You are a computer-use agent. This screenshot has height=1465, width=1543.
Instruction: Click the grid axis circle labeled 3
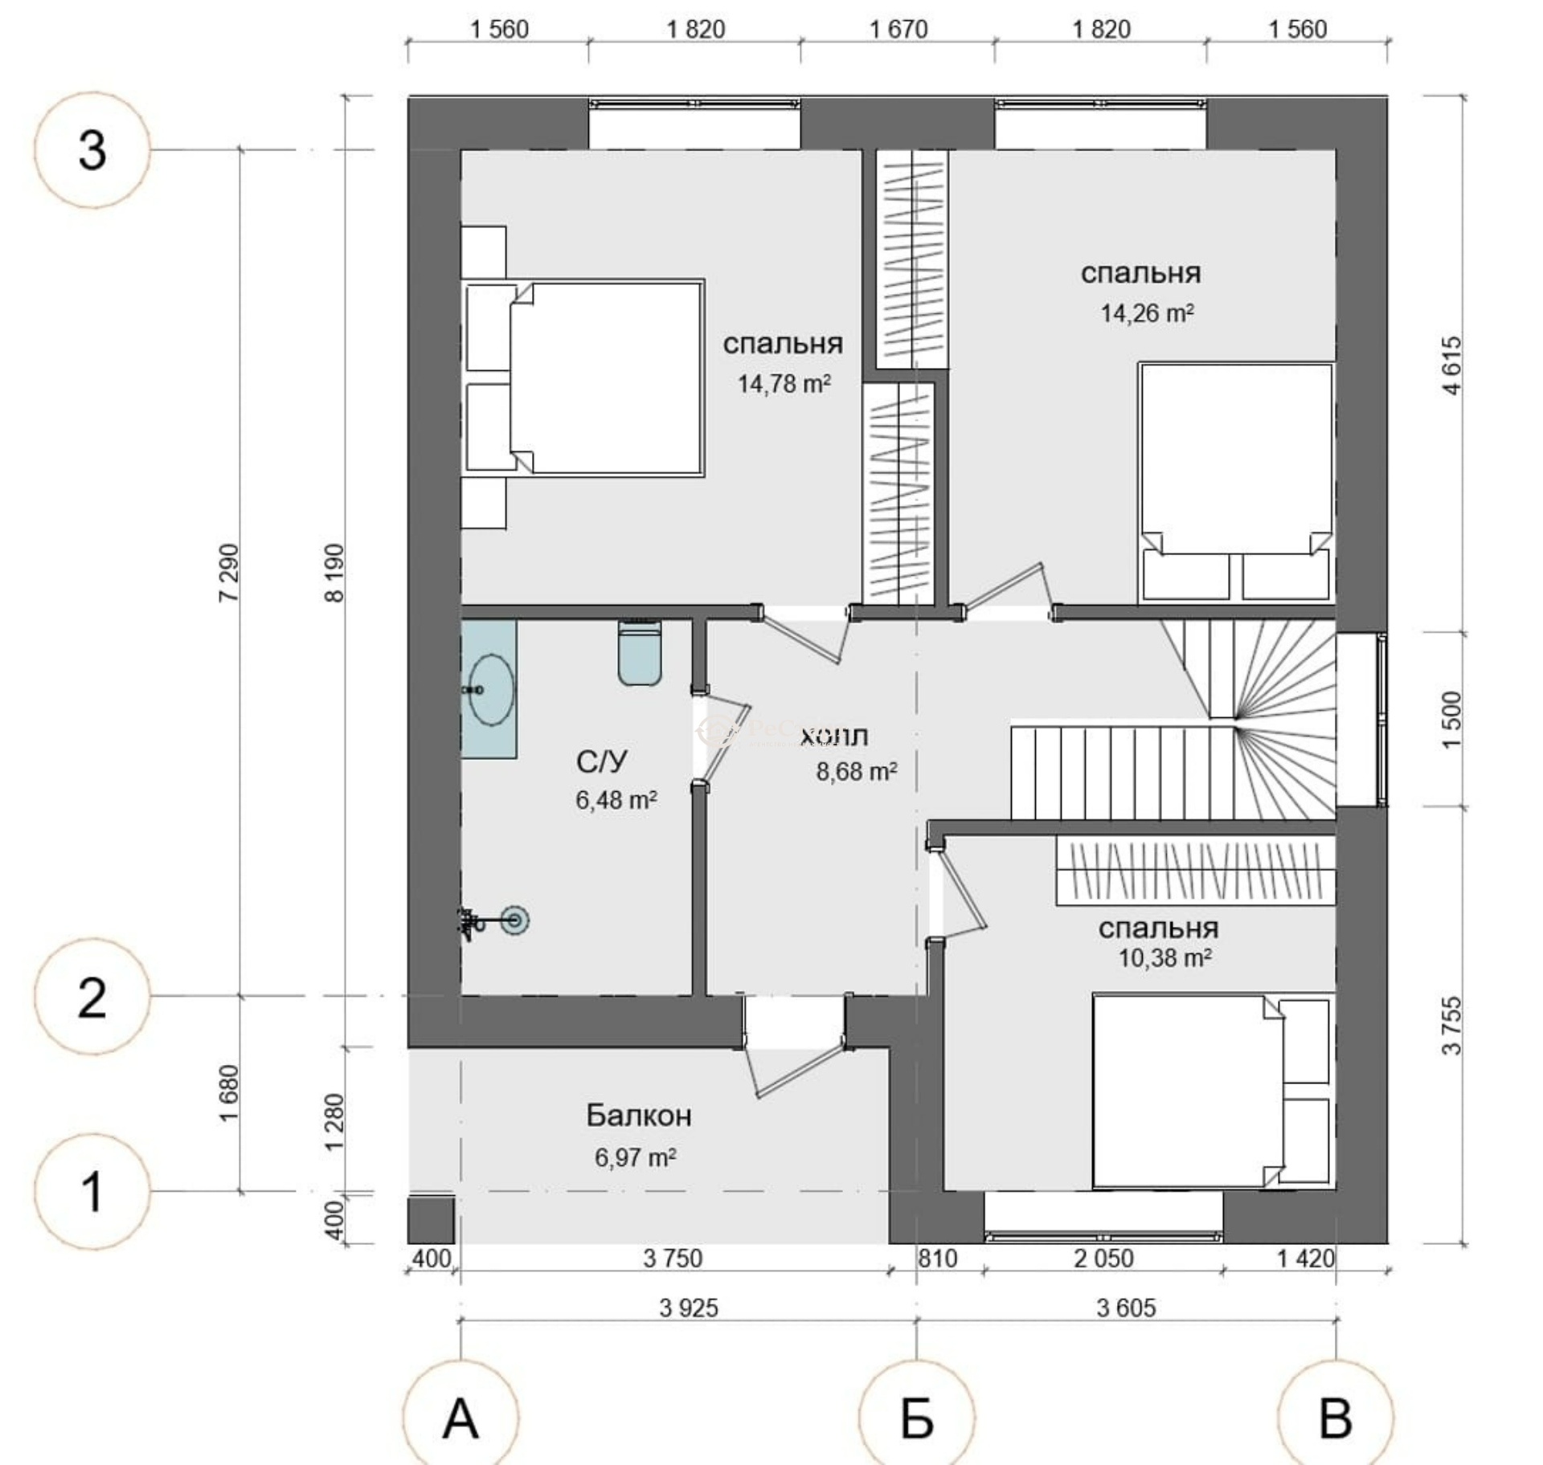pyautogui.click(x=92, y=150)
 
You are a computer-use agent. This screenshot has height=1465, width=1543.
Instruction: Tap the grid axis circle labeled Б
pyautogui.click(x=917, y=1418)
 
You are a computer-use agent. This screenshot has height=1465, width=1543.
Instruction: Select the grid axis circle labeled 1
pyautogui.click(x=92, y=1191)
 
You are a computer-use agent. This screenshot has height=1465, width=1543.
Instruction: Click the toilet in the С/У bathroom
pyautogui.click(x=640, y=652)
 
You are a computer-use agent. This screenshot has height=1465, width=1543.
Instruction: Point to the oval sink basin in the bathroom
pyautogui.click(x=490, y=689)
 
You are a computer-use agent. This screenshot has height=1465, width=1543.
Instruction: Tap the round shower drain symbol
pyautogui.click(x=515, y=920)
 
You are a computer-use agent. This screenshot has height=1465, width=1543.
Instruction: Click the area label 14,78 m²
pyautogui.click(x=784, y=384)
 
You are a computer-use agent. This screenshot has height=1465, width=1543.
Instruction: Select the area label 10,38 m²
pyautogui.click(x=1165, y=957)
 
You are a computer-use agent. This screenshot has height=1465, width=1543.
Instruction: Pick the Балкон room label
pyautogui.click(x=639, y=1115)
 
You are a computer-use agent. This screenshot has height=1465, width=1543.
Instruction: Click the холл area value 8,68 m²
pyautogui.click(x=857, y=771)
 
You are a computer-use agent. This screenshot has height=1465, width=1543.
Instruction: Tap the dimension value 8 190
pyautogui.click(x=334, y=573)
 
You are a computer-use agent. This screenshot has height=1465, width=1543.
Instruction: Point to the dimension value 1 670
pyautogui.click(x=898, y=30)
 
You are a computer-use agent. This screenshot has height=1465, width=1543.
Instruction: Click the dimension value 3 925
pyautogui.click(x=689, y=1308)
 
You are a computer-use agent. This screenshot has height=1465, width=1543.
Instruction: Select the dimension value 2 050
pyautogui.click(x=1104, y=1258)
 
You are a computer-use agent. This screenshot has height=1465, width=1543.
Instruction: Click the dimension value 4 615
pyautogui.click(x=1452, y=365)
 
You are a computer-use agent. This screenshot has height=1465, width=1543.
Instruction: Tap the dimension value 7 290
pyautogui.click(x=228, y=573)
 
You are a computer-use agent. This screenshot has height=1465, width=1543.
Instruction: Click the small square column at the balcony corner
pyautogui.click(x=432, y=1220)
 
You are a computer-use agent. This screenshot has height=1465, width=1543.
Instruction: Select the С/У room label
pyautogui.click(x=602, y=761)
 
